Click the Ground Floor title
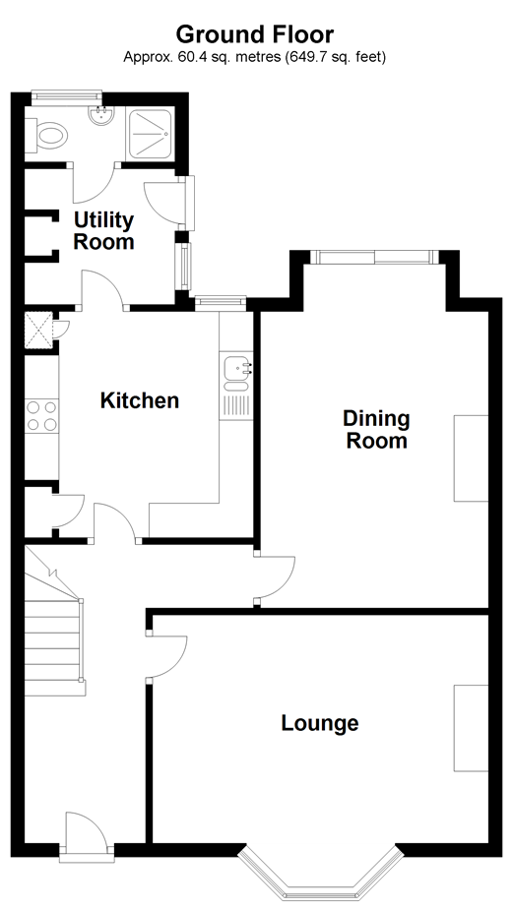click(x=255, y=34)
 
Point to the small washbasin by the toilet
click(x=99, y=115)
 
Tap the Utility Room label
click(x=104, y=231)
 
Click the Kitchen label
click(x=139, y=400)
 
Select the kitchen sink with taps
click(x=236, y=374)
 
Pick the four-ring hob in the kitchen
click(x=42, y=416)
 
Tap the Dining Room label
click(x=376, y=430)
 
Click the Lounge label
click(x=320, y=723)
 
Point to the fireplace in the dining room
click(x=471, y=458)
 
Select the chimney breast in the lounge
click(x=471, y=728)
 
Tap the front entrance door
click(x=85, y=835)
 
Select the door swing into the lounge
click(x=167, y=656)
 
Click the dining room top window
click(x=374, y=256)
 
